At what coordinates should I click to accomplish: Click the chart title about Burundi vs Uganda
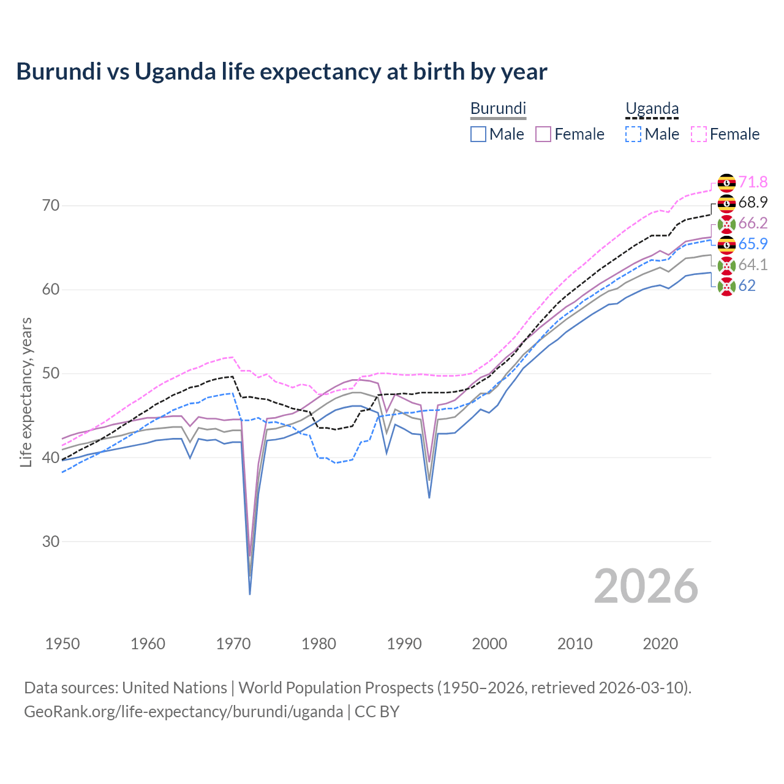pyautogui.click(x=282, y=72)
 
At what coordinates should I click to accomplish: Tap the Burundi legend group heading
pyautogui.click(x=498, y=108)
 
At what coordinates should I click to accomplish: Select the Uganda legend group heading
pyautogui.click(x=652, y=109)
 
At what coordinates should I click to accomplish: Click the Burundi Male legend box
pyautogui.click(x=478, y=134)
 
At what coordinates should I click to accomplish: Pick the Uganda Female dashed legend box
pyautogui.click(x=699, y=134)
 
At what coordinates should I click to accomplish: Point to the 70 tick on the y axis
pyautogui.click(x=51, y=205)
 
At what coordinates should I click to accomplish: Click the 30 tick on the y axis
pyautogui.click(x=51, y=541)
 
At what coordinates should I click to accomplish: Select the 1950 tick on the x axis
pyautogui.click(x=62, y=644)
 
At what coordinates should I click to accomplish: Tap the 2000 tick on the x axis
pyautogui.click(x=489, y=644)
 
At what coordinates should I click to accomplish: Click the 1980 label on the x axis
pyautogui.click(x=318, y=644)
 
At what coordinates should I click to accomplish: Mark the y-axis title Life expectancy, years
pyautogui.click(x=26, y=392)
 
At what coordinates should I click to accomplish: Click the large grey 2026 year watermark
pyautogui.click(x=646, y=586)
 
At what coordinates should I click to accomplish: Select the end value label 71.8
pyautogui.click(x=753, y=182)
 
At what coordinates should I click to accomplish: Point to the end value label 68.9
pyautogui.click(x=753, y=202)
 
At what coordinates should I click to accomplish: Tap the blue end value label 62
pyautogui.click(x=747, y=285)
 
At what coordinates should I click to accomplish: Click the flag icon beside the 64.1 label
pyautogui.click(x=726, y=265)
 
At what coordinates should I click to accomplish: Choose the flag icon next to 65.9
pyautogui.click(x=726, y=244)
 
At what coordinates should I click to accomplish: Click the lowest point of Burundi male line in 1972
pyautogui.click(x=250, y=594)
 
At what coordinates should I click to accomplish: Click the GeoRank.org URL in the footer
pyautogui.click(x=183, y=712)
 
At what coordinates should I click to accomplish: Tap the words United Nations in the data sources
pyautogui.click(x=175, y=688)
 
